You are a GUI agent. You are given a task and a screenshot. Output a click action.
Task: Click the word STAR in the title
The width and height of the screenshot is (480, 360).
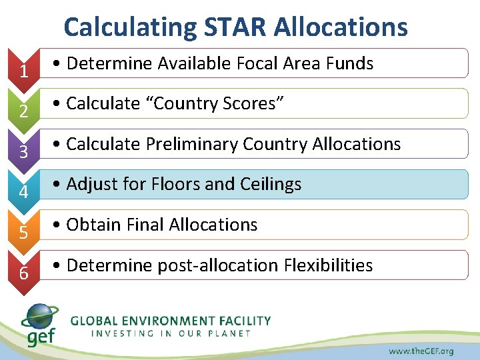[232, 27]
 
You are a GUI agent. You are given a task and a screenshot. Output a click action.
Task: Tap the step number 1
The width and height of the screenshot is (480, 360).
[23, 70]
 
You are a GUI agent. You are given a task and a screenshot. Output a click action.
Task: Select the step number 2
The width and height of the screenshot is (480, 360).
[23, 111]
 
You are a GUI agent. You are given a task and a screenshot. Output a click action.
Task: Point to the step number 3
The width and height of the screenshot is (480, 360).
[23, 151]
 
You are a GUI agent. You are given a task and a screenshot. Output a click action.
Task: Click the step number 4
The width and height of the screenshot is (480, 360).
[23, 192]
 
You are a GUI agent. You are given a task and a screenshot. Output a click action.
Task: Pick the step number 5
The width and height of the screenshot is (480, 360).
[23, 233]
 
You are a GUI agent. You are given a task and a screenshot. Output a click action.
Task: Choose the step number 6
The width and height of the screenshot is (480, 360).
[23, 273]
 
